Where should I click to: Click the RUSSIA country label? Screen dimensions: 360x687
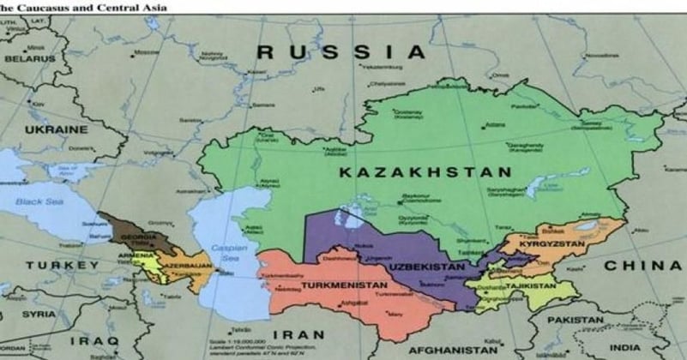click(341, 52)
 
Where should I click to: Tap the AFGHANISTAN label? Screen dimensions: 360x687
click(452, 351)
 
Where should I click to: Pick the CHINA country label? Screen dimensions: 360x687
click(642, 266)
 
